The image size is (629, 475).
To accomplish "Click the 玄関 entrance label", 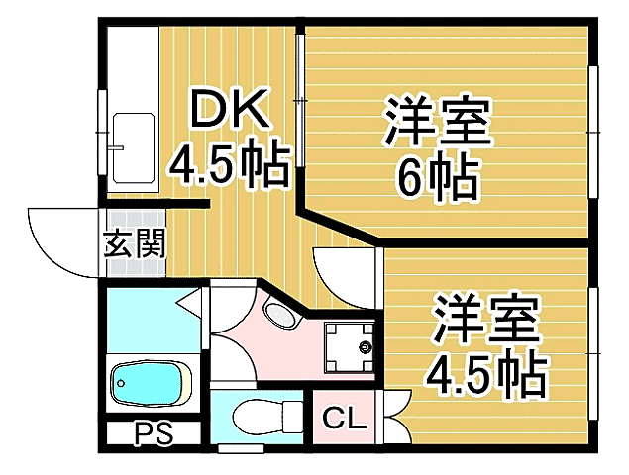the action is [x=135, y=242].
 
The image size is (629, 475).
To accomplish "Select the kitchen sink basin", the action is [x=134, y=147].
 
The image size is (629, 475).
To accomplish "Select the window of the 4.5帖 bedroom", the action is [x=594, y=346].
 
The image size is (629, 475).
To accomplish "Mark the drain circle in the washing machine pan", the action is [x=365, y=347].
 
